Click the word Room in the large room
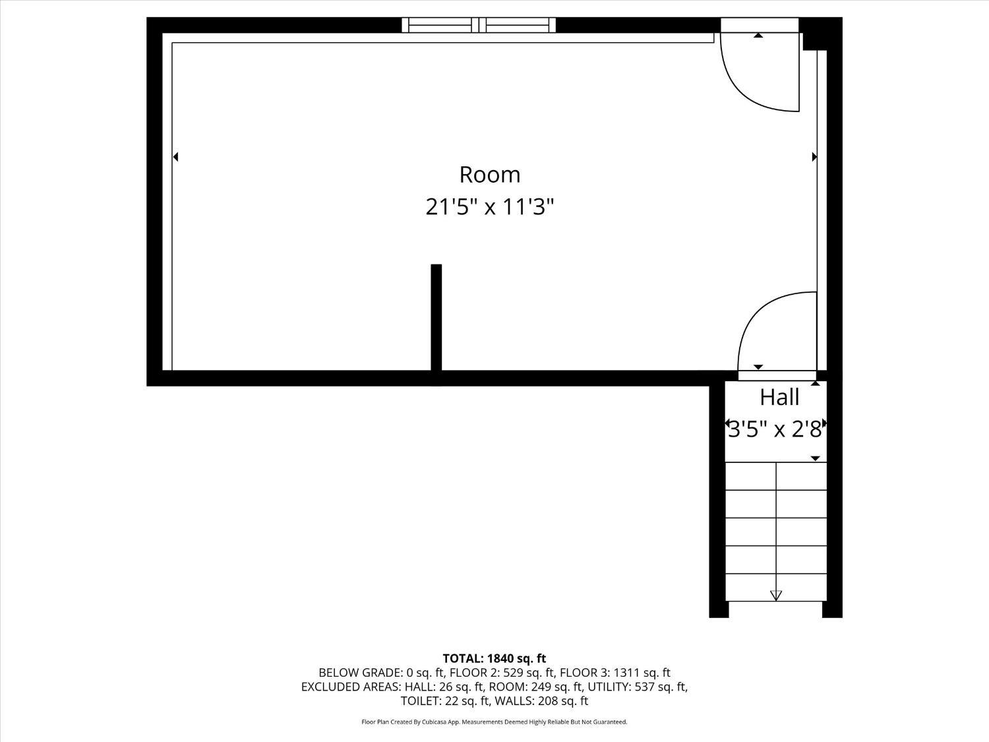489,175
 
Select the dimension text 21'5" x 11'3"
489,207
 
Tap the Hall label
779,397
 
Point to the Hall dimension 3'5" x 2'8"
775,430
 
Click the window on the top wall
479,25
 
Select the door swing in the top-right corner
758,73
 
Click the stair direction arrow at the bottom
776,596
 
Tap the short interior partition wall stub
436,317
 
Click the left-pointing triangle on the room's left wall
175,157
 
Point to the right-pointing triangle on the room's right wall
814,157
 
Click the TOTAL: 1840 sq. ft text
494,658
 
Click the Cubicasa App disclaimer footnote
494,722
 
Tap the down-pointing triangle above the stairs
815,458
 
